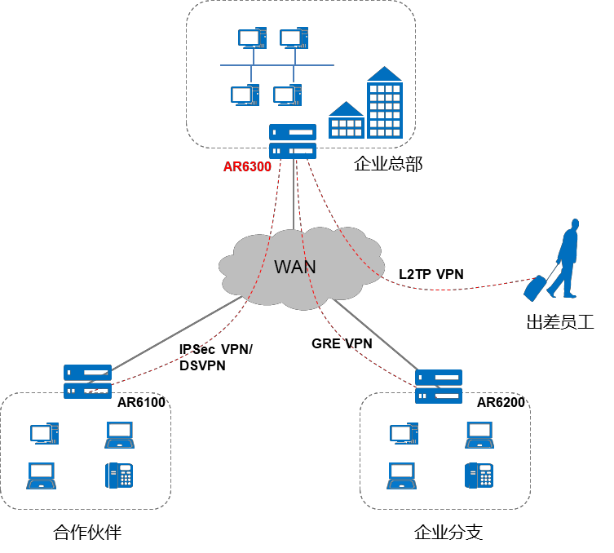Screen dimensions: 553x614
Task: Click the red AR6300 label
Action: [x=247, y=166]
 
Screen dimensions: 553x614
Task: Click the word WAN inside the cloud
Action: [x=294, y=267]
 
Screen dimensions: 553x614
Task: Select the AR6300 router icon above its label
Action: [x=293, y=141]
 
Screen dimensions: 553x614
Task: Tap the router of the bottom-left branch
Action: [x=87, y=381]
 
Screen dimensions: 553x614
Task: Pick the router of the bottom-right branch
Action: [x=439, y=387]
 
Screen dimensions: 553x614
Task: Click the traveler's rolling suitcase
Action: [x=535, y=288]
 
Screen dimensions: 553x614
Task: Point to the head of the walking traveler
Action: [x=575, y=223]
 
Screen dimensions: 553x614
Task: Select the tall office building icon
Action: [x=385, y=108]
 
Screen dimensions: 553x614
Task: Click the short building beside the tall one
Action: [x=346, y=125]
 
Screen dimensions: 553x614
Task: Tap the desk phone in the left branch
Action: [x=119, y=475]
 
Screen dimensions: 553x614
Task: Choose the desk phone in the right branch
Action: [x=479, y=475]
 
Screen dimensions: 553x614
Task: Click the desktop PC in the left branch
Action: [x=44, y=434]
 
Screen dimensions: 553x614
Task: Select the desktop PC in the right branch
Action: [x=404, y=434]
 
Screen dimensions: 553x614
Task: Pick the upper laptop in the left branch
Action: [x=119, y=435]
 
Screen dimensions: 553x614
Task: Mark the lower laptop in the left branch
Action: [x=41, y=476]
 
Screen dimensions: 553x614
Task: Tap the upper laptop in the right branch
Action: [x=479, y=435]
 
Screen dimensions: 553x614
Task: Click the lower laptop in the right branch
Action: [x=401, y=476]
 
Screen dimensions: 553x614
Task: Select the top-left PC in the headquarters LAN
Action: [x=252, y=38]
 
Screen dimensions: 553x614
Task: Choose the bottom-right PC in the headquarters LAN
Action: [x=287, y=95]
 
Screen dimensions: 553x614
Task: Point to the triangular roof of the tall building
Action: [x=385, y=74]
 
